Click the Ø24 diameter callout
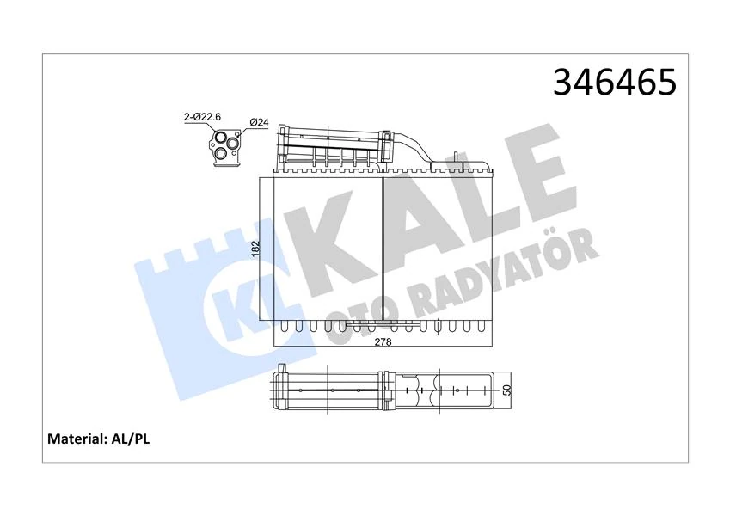pyautogui.click(x=259, y=122)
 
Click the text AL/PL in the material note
pyautogui.click(x=132, y=439)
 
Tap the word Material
pyautogui.click(x=77, y=439)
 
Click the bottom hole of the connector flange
pyautogui.click(x=222, y=153)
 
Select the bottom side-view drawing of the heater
pyautogui.click(x=383, y=390)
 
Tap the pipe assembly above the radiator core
pyautogui.click(x=335, y=147)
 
